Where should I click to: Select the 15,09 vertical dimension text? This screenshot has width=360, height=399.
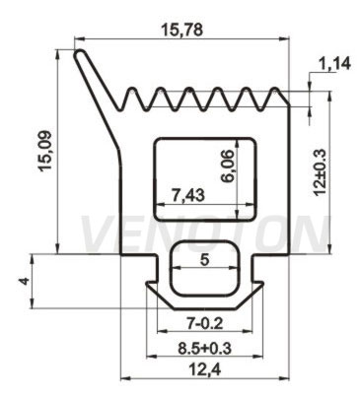click(45, 151)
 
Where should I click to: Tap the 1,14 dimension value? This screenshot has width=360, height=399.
click(332, 64)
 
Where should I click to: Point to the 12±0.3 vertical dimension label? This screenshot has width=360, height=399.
click(319, 173)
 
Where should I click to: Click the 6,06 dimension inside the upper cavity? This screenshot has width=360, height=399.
click(228, 166)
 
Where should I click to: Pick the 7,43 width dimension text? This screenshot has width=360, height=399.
click(188, 195)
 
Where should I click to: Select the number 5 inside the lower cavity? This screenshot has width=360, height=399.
click(204, 260)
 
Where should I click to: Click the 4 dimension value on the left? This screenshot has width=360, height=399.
click(24, 281)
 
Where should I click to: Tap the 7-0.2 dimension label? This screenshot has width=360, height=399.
click(204, 324)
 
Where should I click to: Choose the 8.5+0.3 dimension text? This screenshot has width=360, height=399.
click(204, 349)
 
